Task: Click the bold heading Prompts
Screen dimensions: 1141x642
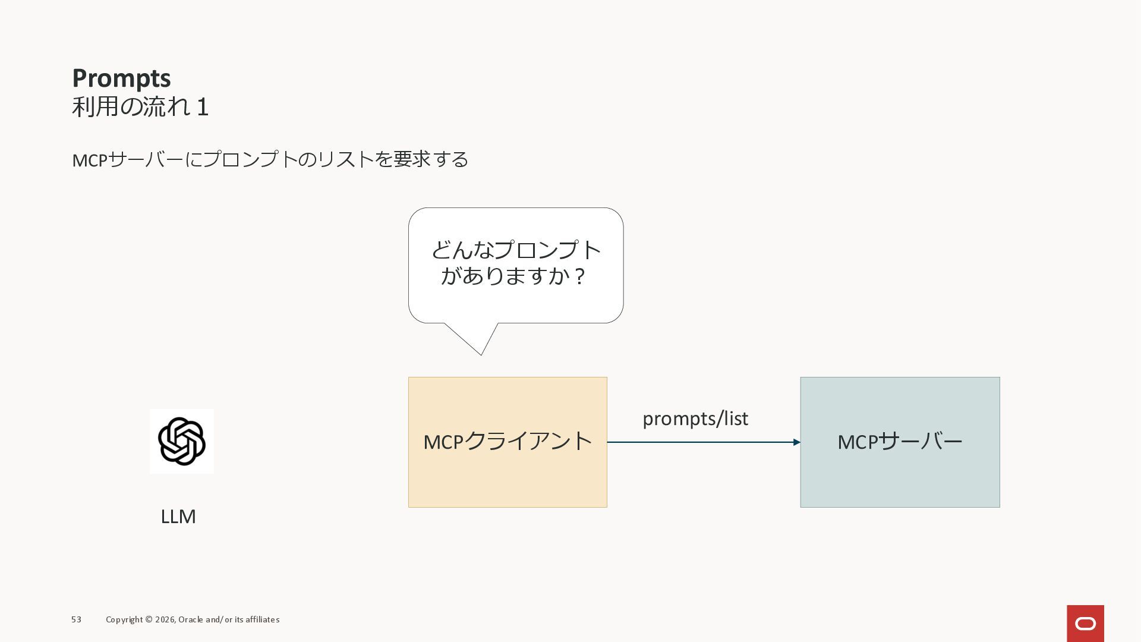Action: [x=121, y=78]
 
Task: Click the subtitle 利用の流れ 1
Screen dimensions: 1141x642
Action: [x=140, y=107]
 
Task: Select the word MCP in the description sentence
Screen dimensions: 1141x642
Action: [x=90, y=160]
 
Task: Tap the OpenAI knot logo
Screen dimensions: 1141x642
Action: [x=182, y=441]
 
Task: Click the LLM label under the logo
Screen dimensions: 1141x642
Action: [x=178, y=517]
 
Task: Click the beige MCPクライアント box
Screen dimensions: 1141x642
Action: [x=508, y=476]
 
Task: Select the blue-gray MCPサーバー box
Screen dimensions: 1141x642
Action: [x=900, y=476]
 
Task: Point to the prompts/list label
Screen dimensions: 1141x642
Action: [x=695, y=418]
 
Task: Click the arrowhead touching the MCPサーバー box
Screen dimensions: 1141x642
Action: [x=796, y=442]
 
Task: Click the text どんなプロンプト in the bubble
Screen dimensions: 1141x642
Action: [x=516, y=250]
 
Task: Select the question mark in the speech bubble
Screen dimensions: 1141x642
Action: [x=580, y=276]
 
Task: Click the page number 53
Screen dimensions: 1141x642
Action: [x=76, y=619]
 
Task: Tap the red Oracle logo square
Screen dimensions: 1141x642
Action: [x=1085, y=624]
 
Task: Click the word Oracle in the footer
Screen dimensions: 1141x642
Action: [x=190, y=619]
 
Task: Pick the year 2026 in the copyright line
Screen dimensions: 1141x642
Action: [x=165, y=619]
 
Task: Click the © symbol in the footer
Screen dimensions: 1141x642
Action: [x=149, y=619]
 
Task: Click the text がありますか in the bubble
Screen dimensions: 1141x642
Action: [x=505, y=276]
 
